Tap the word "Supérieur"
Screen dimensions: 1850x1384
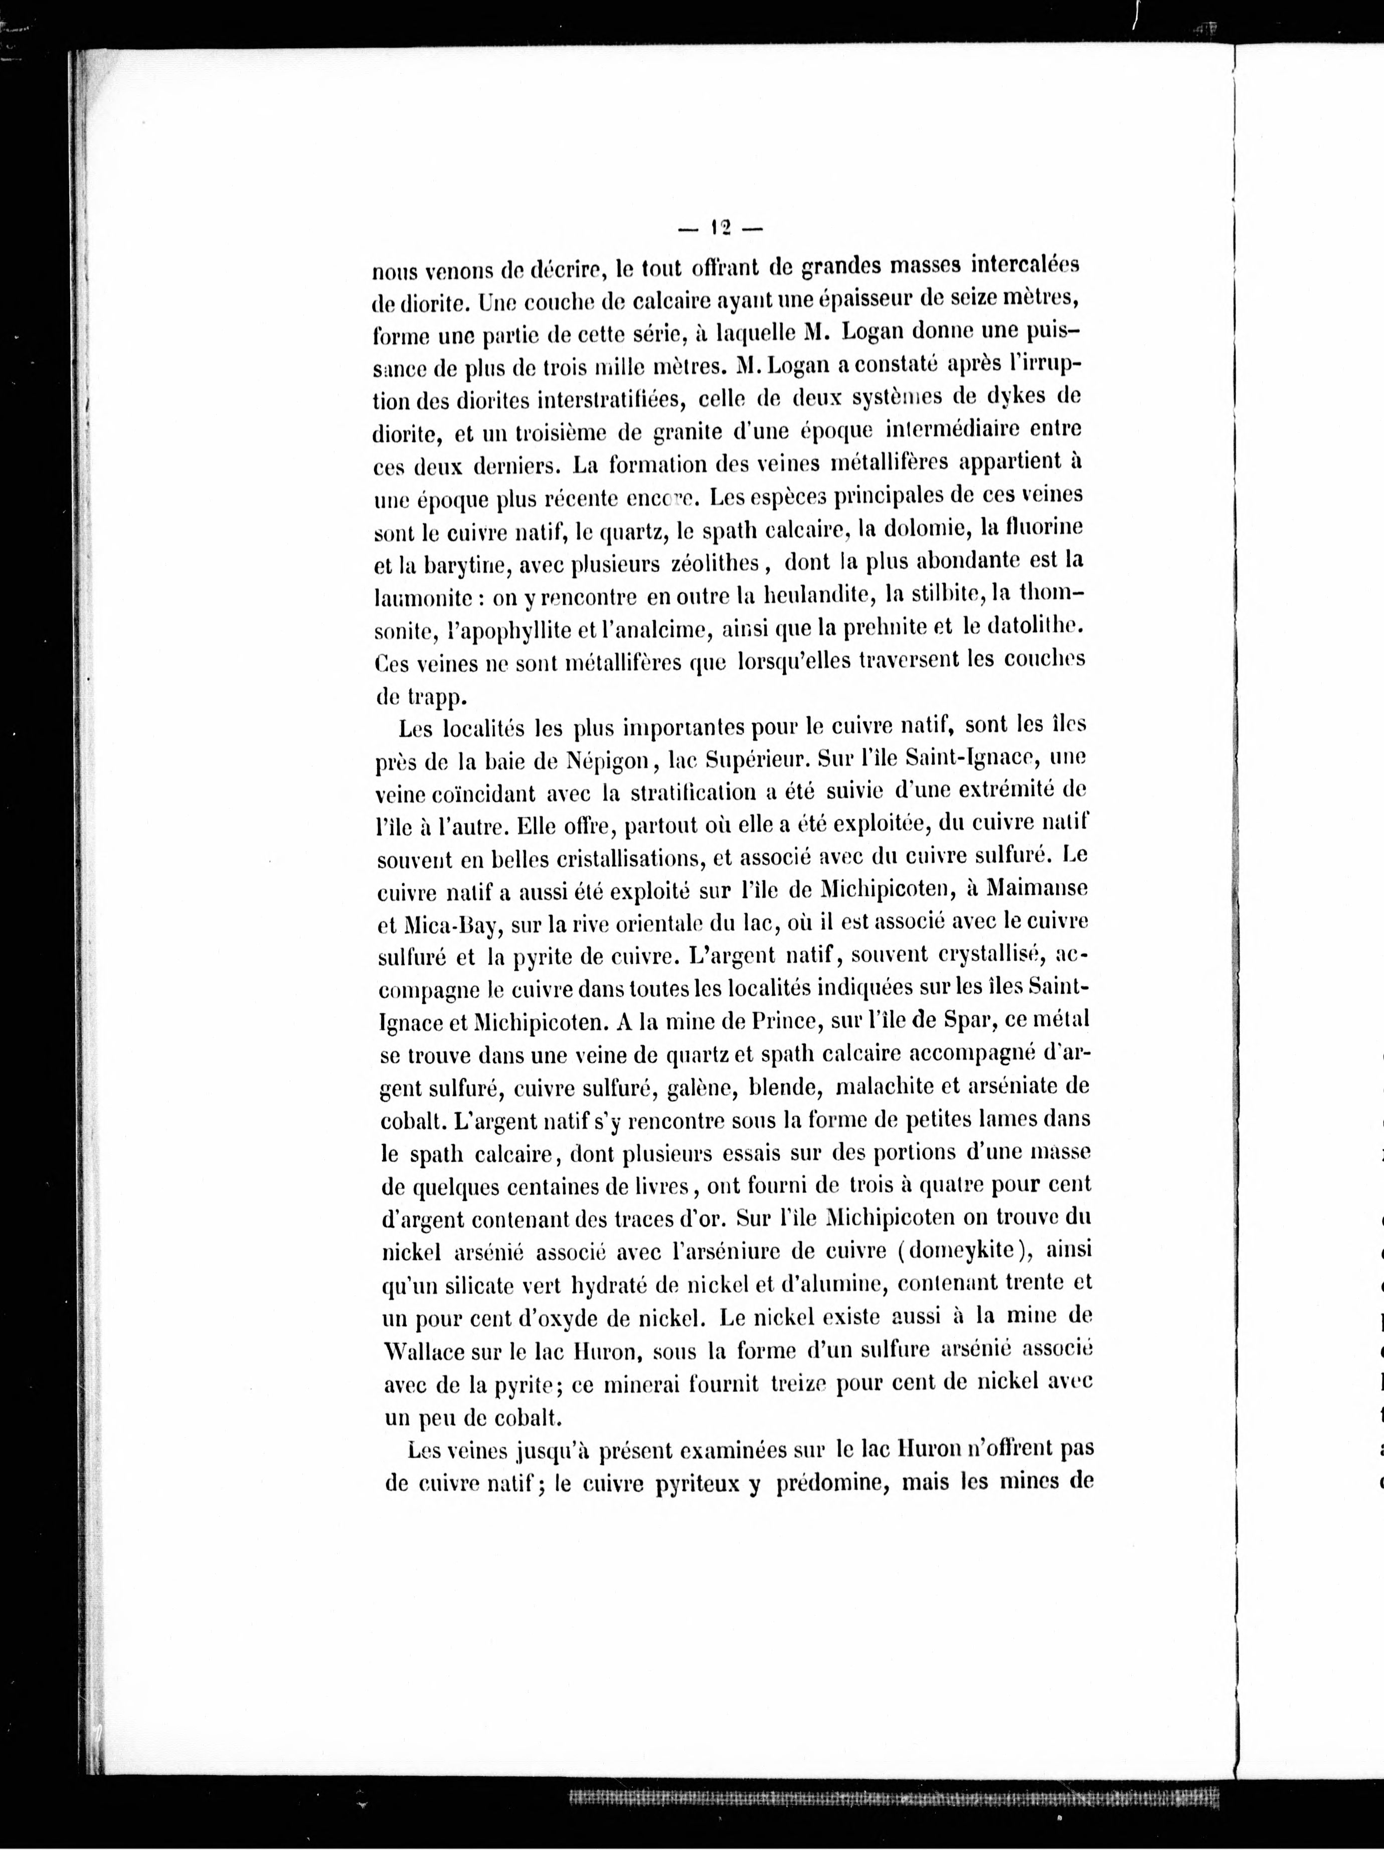pos(759,760)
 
